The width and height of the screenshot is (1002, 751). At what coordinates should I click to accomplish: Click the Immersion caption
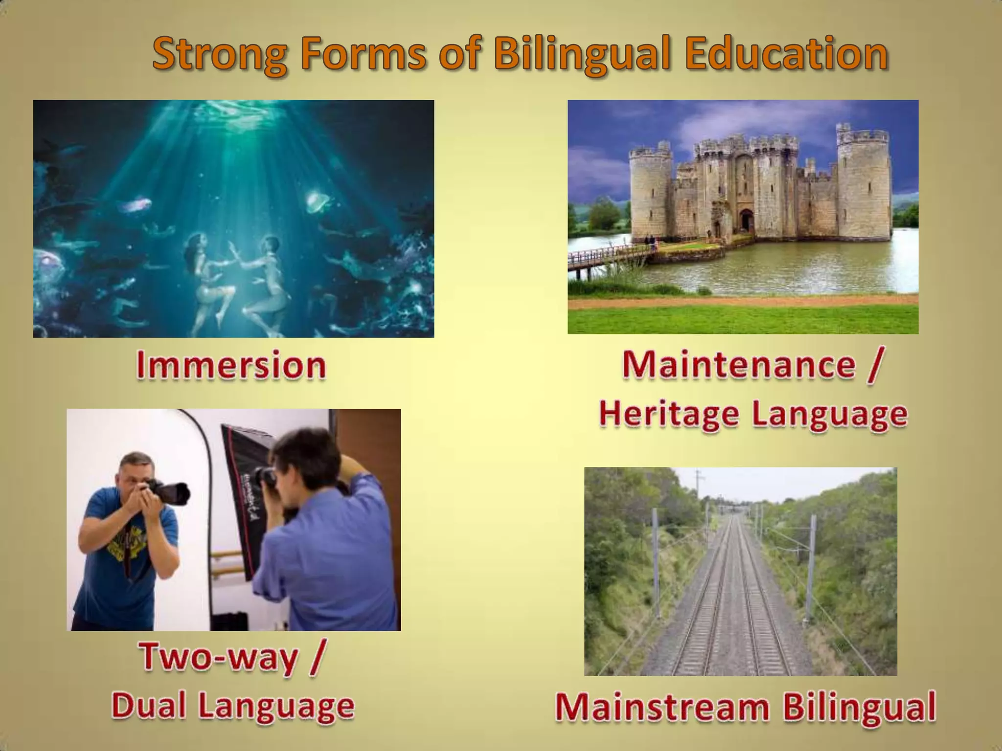pyautogui.click(x=231, y=366)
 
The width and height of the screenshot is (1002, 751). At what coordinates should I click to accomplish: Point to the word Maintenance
pyautogui.click(x=739, y=365)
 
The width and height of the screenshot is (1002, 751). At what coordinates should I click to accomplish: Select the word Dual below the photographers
pyautogui.click(x=149, y=706)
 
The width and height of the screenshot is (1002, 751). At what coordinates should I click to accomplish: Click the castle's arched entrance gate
pyautogui.click(x=747, y=221)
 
